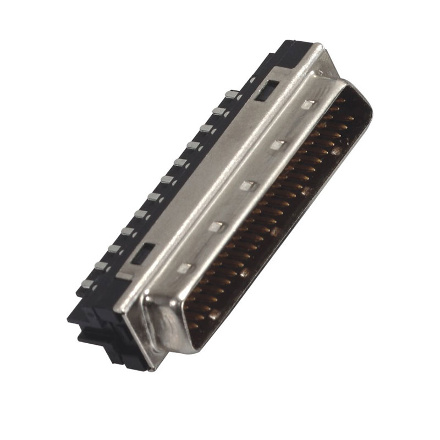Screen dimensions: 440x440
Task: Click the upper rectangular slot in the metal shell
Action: [266, 90]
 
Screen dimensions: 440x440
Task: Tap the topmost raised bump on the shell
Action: [310, 105]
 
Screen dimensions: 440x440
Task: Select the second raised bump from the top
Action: [279, 145]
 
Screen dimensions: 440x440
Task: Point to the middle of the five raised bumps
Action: [249, 185]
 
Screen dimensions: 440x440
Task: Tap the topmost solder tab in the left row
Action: [232, 96]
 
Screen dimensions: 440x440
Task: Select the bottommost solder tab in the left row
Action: [87, 284]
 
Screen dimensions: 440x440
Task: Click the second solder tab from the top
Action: [219, 112]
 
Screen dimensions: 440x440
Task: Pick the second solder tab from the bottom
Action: [101, 266]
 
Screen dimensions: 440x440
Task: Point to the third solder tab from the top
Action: [206, 129]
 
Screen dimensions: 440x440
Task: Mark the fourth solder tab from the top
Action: [193, 145]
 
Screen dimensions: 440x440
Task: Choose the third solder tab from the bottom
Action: [114, 249]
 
